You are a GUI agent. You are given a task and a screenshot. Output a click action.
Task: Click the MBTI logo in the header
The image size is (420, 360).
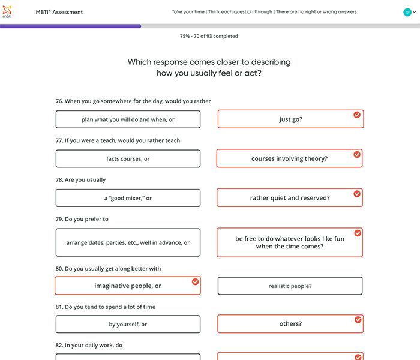click(7, 12)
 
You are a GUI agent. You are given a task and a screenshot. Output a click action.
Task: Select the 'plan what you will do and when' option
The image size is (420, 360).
click(128, 119)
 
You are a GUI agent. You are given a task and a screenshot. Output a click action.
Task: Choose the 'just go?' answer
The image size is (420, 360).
click(290, 119)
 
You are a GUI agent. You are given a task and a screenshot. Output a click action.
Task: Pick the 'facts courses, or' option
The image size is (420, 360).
click(128, 159)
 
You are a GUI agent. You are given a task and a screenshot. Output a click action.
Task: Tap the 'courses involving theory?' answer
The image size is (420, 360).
click(289, 159)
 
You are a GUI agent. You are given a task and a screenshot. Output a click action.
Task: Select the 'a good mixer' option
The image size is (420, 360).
click(128, 198)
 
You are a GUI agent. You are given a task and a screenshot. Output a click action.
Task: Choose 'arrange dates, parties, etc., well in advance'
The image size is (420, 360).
click(128, 242)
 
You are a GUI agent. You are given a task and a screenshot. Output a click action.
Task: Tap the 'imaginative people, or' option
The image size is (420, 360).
click(127, 286)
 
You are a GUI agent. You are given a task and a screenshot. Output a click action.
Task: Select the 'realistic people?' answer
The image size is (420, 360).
click(290, 286)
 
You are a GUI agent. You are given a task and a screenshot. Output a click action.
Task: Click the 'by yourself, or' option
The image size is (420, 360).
click(128, 325)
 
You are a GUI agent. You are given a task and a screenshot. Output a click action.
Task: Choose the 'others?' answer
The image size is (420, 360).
click(290, 324)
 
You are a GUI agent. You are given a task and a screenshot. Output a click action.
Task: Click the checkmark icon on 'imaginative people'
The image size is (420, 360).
click(195, 281)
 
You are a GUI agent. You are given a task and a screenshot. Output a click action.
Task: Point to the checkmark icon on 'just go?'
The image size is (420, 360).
click(357, 115)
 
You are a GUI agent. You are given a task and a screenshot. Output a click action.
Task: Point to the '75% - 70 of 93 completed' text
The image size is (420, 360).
click(209, 36)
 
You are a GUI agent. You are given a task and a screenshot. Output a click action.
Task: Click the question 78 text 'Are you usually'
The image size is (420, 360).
click(80, 180)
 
